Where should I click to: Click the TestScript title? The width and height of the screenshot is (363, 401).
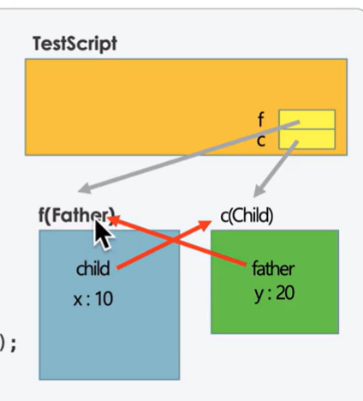coord(75,44)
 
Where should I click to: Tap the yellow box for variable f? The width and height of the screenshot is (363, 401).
coord(306,119)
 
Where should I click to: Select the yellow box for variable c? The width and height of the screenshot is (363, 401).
coord(306,139)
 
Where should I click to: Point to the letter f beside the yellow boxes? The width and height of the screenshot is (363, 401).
coord(260,119)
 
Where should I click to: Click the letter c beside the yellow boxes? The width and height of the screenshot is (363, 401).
coord(261,141)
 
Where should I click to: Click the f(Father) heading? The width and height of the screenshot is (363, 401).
coord(76,215)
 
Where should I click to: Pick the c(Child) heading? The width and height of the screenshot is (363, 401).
coord(247,216)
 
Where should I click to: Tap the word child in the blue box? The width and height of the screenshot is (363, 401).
coord(93,268)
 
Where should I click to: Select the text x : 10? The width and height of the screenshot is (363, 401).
coord(93,299)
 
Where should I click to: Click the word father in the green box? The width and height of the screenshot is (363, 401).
coord(273,269)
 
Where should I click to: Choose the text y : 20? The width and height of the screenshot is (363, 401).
coord(274,293)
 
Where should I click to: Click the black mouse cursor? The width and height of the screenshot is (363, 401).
coord(104,235)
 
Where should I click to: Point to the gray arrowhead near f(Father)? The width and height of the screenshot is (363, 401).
coord(85,189)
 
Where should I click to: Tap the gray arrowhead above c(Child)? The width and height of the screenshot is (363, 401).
coord(259,190)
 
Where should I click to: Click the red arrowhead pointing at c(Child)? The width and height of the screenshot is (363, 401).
coord(205,224)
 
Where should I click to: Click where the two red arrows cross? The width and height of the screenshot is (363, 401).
coord(173,240)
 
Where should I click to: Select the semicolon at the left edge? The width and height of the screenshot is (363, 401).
coord(13,345)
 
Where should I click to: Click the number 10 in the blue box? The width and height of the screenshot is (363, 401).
coord(104,299)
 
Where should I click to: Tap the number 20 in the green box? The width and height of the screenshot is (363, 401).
coord(285,293)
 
